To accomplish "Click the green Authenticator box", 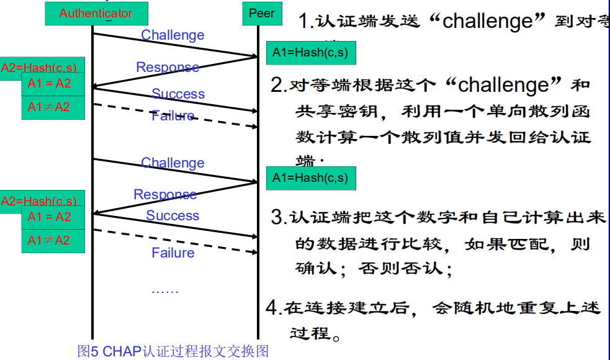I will pyautogui.click(x=96, y=13).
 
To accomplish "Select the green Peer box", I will pyautogui.click(x=261, y=13).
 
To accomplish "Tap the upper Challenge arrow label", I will pyautogui.click(x=173, y=35).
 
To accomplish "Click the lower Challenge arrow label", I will pyautogui.click(x=173, y=163).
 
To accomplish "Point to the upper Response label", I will pyautogui.click(x=168, y=67).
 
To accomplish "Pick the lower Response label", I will pyautogui.click(x=165, y=194).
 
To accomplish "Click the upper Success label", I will pyautogui.click(x=178, y=94).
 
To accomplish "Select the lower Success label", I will pyautogui.click(x=173, y=215).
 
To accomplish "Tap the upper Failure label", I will pyautogui.click(x=173, y=115).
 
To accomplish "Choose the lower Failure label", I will pyautogui.click(x=173, y=253).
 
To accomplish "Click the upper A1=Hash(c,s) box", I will pyautogui.click(x=311, y=53).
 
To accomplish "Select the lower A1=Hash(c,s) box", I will pyautogui.click(x=311, y=178).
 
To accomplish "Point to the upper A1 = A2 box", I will pyautogui.click(x=53, y=84).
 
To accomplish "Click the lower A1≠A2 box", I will pyautogui.click(x=53, y=240).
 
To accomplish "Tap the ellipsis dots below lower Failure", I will pyautogui.click(x=165, y=290).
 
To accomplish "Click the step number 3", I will pyautogui.click(x=277, y=217).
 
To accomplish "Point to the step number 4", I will pyautogui.click(x=272, y=307).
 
